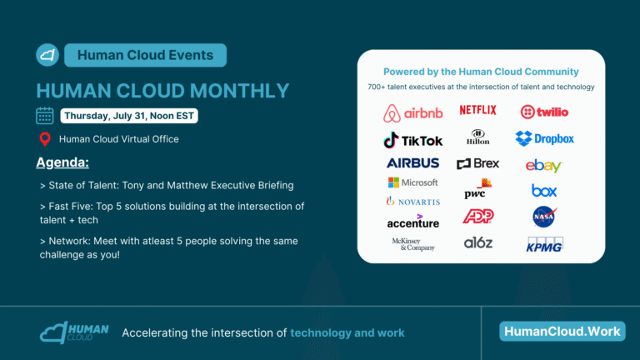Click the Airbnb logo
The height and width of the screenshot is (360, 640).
coord(412,113)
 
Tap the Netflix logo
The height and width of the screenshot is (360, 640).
coord(477,110)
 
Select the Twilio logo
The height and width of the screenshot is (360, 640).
coord(544,112)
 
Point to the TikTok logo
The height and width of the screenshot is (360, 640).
coord(412,140)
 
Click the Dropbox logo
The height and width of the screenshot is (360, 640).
coord(544,139)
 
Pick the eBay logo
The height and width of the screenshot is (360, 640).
coord(543,166)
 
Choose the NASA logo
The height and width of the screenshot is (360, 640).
coord(544,217)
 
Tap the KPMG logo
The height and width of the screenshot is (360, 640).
coord(544,244)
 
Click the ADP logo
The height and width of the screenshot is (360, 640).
coord(478,216)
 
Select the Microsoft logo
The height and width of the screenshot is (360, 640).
coord(412,182)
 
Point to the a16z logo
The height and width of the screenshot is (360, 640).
coord(478,242)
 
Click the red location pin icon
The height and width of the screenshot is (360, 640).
coord(45,139)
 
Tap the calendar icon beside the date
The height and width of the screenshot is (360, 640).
coord(44,116)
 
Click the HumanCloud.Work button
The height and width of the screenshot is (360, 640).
coord(562,331)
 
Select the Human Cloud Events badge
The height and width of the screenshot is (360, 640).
coord(145,55)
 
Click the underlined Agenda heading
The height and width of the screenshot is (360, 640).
coord(62,162)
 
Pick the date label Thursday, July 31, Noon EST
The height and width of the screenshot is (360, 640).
coord(129,116)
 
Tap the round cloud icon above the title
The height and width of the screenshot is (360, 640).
coord(47,55)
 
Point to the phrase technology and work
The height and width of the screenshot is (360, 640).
coord(347,332)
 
